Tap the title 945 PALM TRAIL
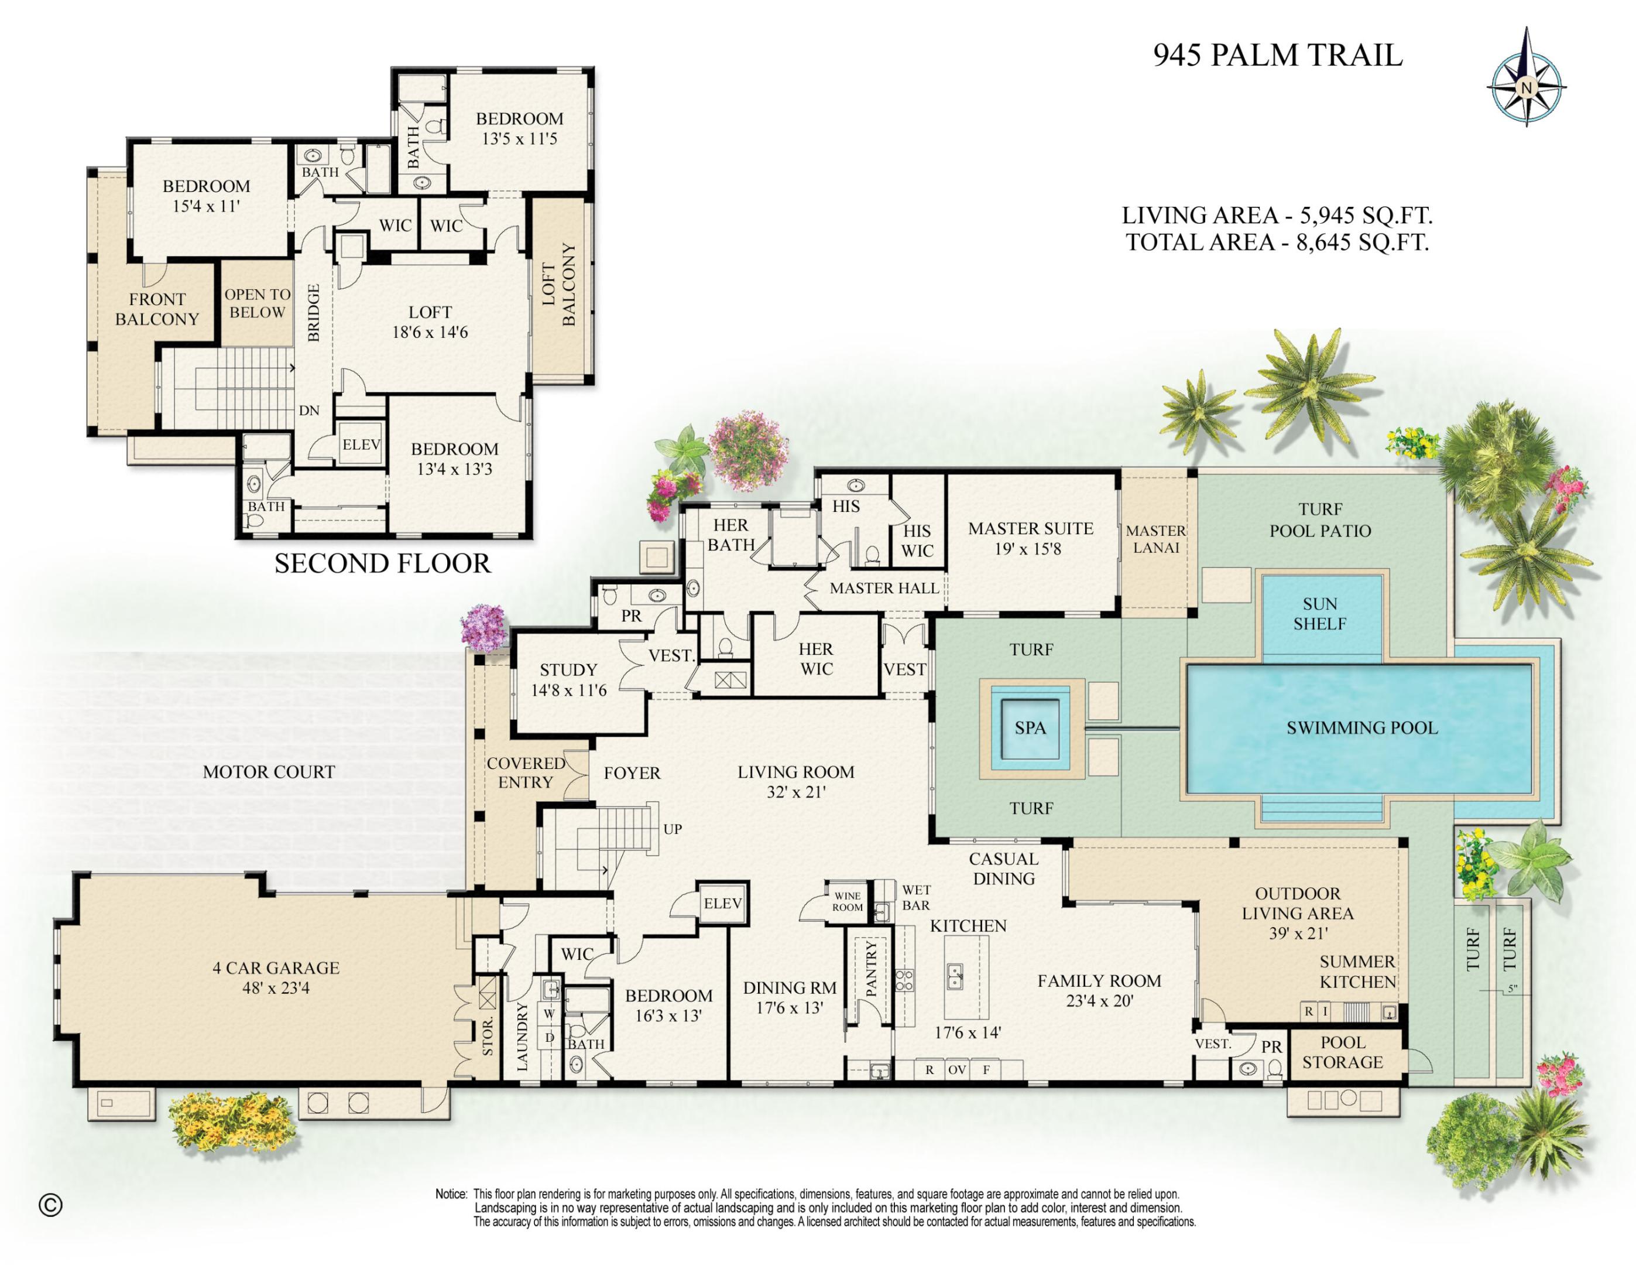(x=1277, y=56)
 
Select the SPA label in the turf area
(x=1030, y=728)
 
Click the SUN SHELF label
(x=1319, y=614)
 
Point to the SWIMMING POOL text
(x=1362, y=728)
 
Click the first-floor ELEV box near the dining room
(x=722, y=904)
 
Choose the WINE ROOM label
(x=847, y=901)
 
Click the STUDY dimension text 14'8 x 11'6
(x=568, y=690)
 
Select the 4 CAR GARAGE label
(x=276, y=967)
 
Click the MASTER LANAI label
(x=1156, y=539)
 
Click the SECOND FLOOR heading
(x=382, y=563)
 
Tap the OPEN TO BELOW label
(x=257, y=303)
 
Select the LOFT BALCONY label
(x=559, y=285)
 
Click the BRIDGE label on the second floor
(x=313, y=313)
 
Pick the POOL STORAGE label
(x=1342, y=1052)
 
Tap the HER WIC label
(x=816, y=659)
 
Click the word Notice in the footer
(x=451, y=1194)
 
